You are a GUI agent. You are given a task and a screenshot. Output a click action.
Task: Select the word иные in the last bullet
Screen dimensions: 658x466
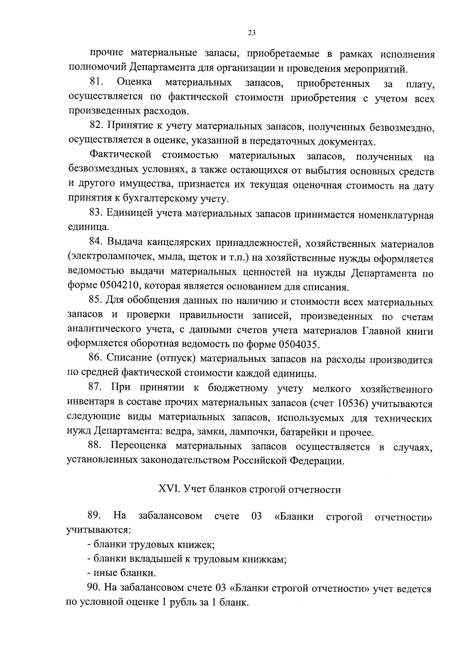[105, 573]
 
